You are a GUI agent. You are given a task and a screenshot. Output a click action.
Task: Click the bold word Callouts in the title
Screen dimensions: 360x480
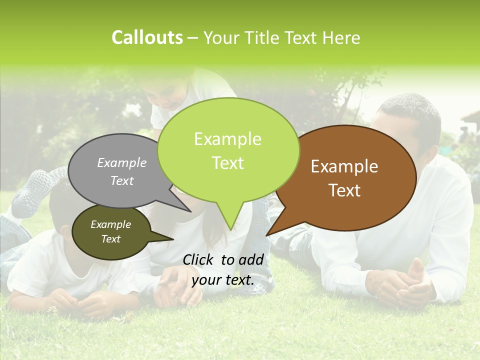(x=147, y=37)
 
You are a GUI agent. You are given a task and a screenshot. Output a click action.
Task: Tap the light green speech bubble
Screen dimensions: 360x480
(x=228, y=150)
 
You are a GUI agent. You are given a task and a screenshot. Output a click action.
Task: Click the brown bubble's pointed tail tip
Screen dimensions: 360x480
(x=267, y=234)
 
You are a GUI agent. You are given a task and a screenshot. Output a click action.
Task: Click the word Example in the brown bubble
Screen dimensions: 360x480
(x=344, y=166)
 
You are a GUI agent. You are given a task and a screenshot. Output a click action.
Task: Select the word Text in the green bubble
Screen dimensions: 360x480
(x=228, y=163)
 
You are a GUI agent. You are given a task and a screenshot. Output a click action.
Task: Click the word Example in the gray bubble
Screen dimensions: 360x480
(x=122, y=162)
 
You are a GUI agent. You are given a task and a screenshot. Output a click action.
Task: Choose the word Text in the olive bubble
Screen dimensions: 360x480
(x=111, y=239)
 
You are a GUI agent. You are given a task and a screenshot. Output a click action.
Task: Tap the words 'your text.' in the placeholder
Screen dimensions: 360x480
(x=223, y=280)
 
